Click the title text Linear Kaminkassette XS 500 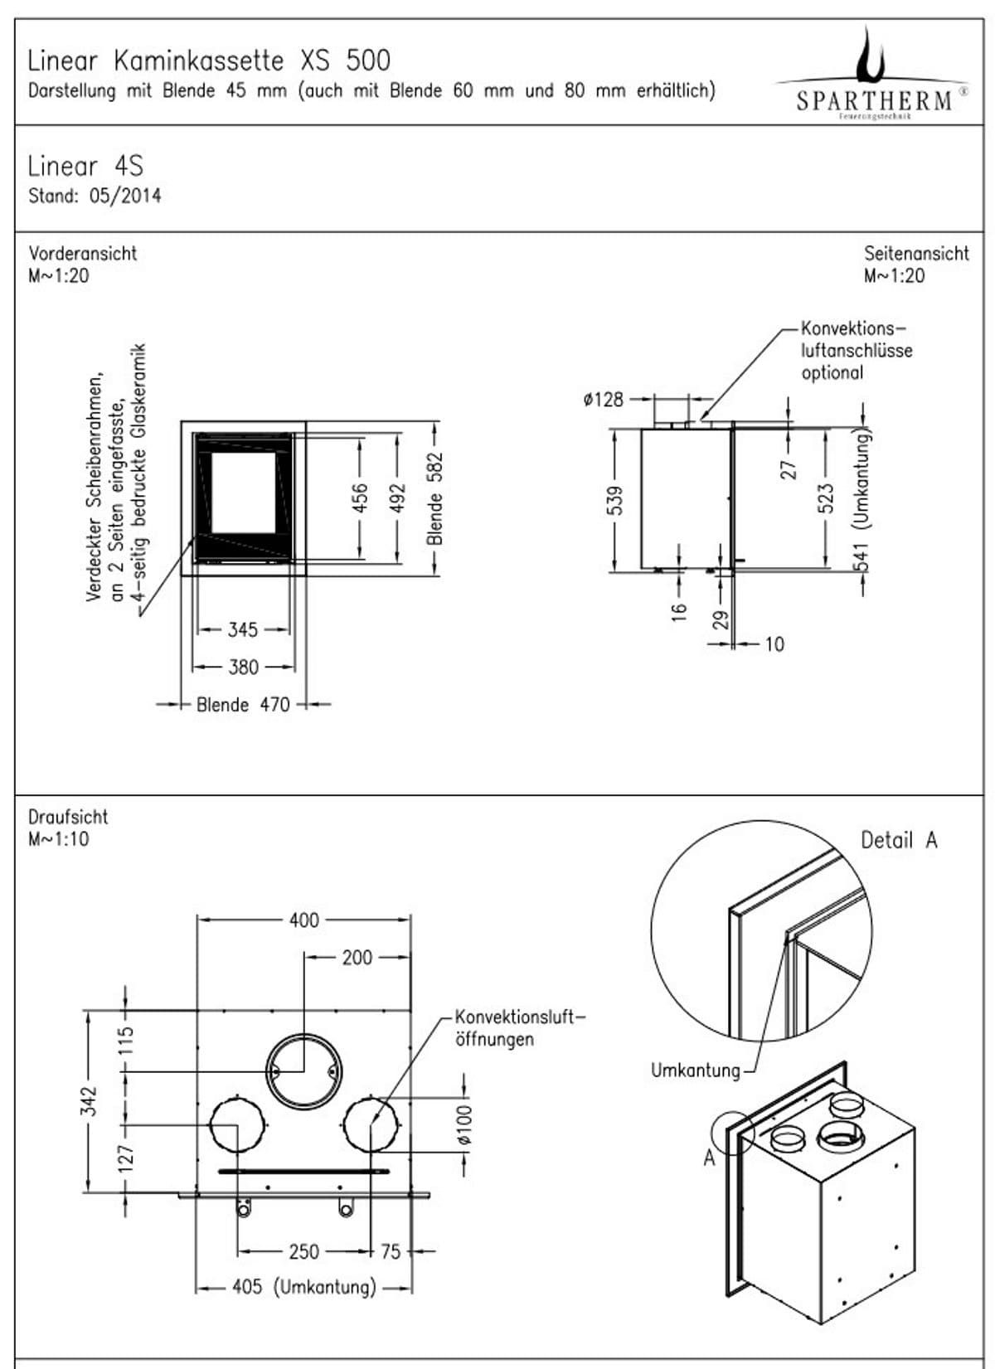click(208, 61)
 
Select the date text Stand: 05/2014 click(95, 197)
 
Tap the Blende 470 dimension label click(243, 705)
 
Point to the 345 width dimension click(243, 630)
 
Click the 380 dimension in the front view click(243, 668)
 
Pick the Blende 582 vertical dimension click(435, 498)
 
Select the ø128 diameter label click(603, 400)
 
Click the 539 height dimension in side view click(615, 500)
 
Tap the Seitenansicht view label click(916, 254)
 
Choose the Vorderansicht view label click(83, 254)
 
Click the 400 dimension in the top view click(303, 920)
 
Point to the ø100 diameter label click(464, 1124)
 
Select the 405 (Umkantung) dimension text click(303, 1287)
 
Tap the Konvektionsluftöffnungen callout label click(520, 1028)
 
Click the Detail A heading click(899, 841)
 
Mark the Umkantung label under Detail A click(695, 1070)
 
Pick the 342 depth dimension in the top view click(90, 1101)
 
